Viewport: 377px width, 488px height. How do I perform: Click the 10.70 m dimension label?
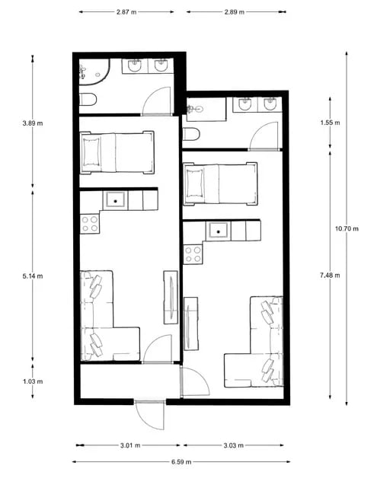click(347, 228)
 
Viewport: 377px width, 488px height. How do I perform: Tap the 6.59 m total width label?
click(181, 462)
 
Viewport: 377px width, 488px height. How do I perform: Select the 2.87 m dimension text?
click(126, 12)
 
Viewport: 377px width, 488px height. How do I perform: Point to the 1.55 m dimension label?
click(330, 123)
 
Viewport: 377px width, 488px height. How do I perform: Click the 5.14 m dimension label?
click(33, 276)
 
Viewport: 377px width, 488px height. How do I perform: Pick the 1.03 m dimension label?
click(33, 381)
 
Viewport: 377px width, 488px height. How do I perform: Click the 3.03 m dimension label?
click(234, 445)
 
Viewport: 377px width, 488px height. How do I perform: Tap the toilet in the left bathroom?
click(88, 99)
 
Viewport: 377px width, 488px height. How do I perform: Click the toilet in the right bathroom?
click(191, 135)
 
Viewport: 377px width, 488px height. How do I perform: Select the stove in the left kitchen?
click(90, 224)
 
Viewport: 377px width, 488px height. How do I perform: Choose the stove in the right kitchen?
click(193, 254)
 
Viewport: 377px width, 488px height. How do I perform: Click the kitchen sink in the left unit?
click(116, 201)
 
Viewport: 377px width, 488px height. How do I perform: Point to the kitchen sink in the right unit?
click(219, 231)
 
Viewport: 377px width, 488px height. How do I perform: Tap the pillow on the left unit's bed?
click(92, 152)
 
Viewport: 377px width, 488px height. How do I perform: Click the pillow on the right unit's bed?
click(194, 183)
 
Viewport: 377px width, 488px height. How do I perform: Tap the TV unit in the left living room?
click(171, 297)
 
